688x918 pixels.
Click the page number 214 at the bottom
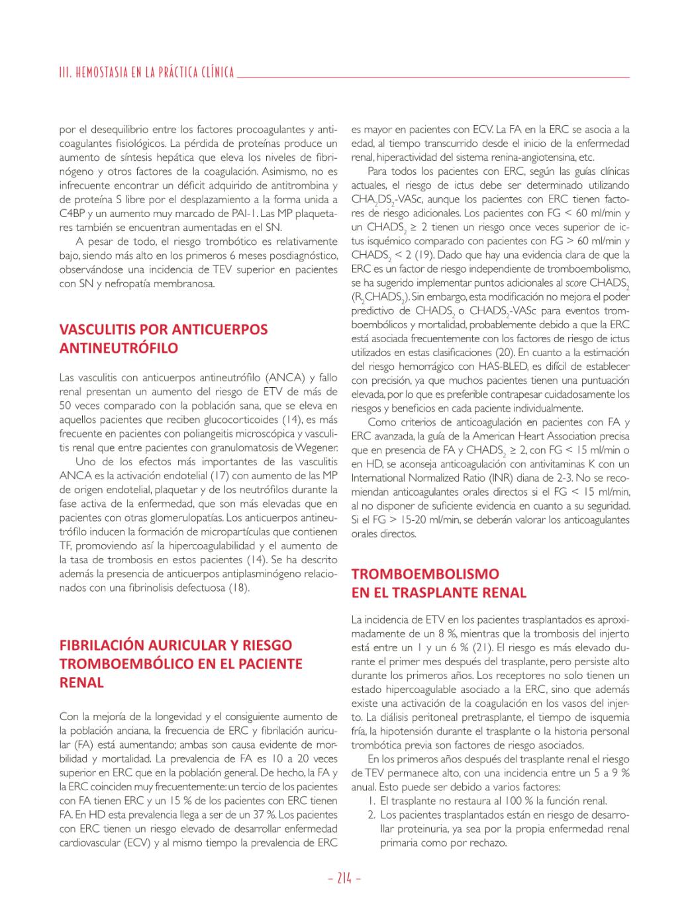[x=344, y=878]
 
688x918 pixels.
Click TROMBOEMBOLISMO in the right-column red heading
[x=425, y=574]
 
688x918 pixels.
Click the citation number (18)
[x=239, y=587]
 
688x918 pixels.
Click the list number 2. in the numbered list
[x=372, y=815]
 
